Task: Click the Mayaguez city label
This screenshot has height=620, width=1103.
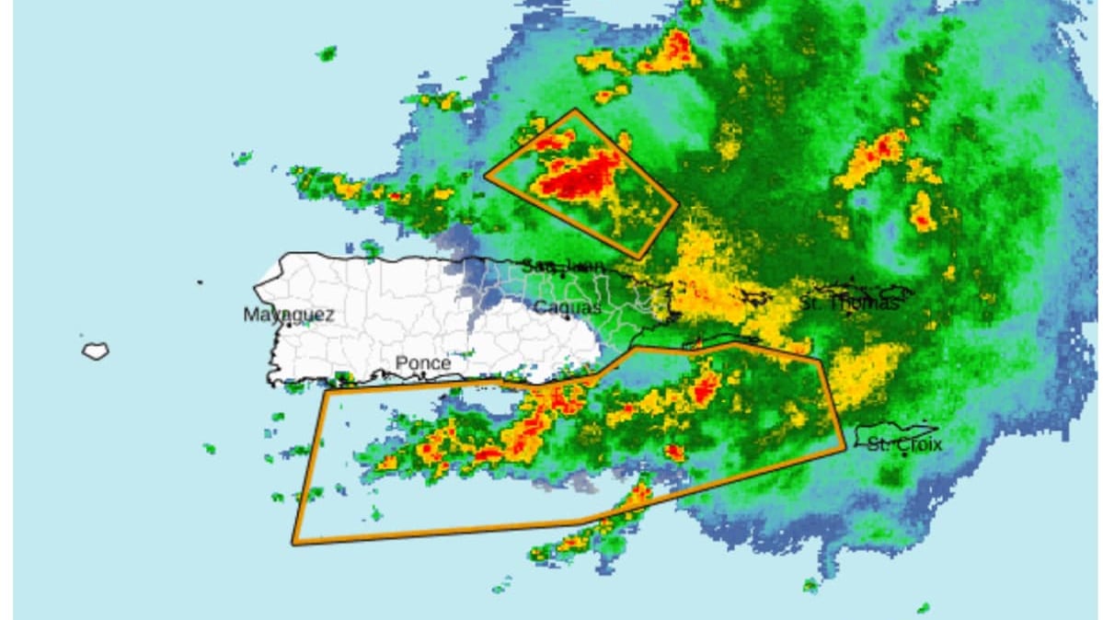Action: click(288, 315)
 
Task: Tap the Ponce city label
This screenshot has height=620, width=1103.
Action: click(423, 363)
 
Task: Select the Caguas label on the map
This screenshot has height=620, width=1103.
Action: click(568, 307)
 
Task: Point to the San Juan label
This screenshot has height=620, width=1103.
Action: click(564, 266)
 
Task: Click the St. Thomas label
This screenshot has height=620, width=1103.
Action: click(847, 302)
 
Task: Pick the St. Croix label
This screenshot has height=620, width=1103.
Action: click(905, 445)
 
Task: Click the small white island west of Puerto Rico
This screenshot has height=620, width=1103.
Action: click(95, 350)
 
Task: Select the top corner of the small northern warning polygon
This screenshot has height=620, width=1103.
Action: click(576, 110)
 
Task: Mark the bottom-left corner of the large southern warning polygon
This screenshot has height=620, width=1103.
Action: click(293, 544)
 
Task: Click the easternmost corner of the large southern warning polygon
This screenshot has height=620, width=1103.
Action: click(844, 449)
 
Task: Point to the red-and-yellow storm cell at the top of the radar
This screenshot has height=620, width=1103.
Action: click(669, 51)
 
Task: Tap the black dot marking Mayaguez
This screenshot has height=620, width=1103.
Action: click(287, 325)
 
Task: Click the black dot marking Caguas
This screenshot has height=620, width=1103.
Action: click(568, 318)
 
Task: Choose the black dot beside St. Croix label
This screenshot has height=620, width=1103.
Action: click(905, 454)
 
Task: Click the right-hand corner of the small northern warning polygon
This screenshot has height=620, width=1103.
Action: click(678, 203)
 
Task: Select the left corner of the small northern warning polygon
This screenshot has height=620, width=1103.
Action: click(485, 175)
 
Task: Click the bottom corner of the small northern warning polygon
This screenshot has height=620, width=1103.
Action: click(640, 258)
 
